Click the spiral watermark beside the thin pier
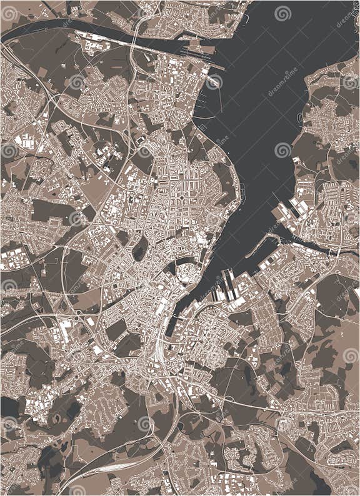(x=214, y=81)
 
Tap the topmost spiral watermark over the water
(x=282, y=13)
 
